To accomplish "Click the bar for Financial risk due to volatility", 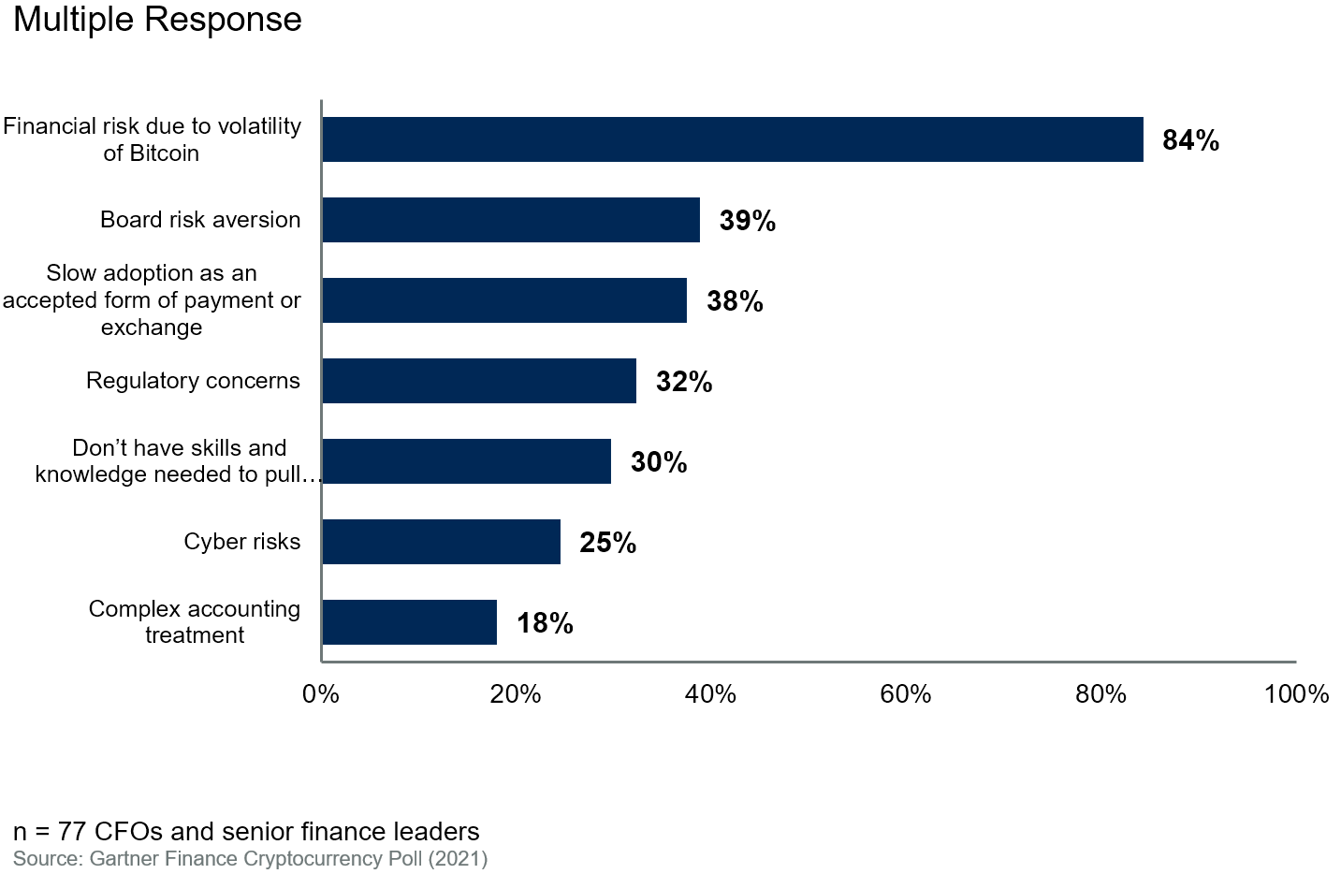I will [x=732, y=139].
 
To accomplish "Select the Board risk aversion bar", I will [x=511, y=220].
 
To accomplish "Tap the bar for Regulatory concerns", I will [x=479, y=381].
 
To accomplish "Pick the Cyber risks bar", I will [x=441, y=542].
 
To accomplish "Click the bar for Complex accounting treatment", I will [x=409, y=622].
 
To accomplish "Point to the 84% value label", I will [x=1190, y=140].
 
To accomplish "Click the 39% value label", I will [x=747, y=221].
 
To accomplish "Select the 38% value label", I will [x=735, y=301].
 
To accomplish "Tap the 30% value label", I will [x=659, y=462].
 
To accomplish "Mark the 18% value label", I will [x=545, y=623].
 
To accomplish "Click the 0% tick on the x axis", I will [x=321, y=694].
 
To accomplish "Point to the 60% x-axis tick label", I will [x=905, y=694].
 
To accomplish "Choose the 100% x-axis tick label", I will [x=1296, y=694].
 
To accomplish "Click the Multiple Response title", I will [x=157, y=20].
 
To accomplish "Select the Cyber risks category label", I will [x=241, y=542].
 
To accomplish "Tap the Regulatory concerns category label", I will [x=193, y=381].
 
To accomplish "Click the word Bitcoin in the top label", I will [x=164, y=153].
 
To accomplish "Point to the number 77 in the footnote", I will [x=73, y=831].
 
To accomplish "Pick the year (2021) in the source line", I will [x=458, y=859].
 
